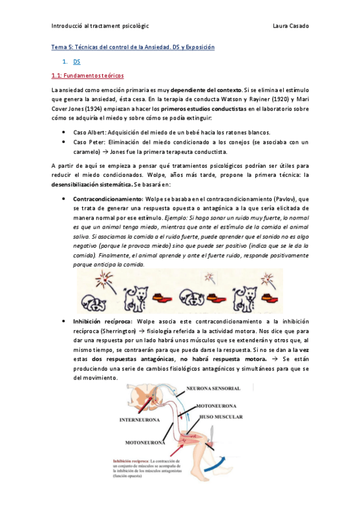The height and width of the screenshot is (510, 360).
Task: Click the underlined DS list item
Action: (x=76, y=61)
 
